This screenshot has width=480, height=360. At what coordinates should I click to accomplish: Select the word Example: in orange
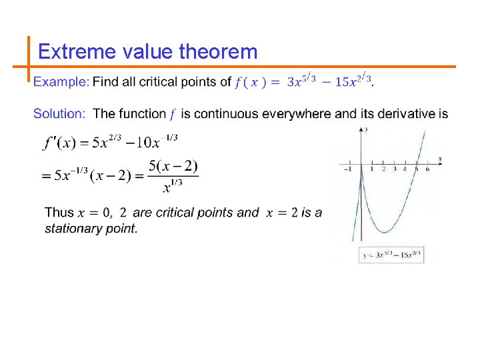pyautogui.click(x=61, y=82)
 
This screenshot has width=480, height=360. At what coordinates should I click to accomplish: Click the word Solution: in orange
pyautogui.click(x=59, y=114)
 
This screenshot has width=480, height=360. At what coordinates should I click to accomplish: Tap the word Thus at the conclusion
pyautogui.click(x=59, y=213)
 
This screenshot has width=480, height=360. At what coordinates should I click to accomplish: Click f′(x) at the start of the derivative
pyautogui.click(x=58, y=143)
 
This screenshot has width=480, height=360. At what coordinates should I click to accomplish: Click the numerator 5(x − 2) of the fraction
pyautogui.click(x=173, y=165)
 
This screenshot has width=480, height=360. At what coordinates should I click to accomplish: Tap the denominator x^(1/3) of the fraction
pyautogui.click(x=174, y=187)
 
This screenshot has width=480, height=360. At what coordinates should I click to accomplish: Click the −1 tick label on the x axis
pyautogui.click(x=347, y=169)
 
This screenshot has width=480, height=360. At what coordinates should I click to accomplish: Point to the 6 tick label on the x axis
pyautogui.click(x=427, y=169)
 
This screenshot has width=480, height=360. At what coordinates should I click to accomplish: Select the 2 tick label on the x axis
pyautogui.click(x=383, y=169)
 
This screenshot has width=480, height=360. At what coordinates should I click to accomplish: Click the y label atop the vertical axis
pyautogui.click(x=367, y=129)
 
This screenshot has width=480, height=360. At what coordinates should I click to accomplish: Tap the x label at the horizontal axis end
pyautogui.click(x=441, y=158)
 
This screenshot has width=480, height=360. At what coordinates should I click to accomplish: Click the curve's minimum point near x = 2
pyautogui.click(x=384, y=231)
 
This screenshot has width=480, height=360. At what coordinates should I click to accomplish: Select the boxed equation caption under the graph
pyautogui.click(x=391, y=255)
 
